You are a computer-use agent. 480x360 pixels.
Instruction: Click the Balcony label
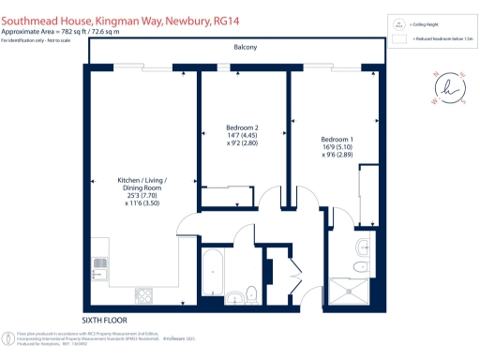coord(245,47)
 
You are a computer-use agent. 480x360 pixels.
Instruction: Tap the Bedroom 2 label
coord(243,127)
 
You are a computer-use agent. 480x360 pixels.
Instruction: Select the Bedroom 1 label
coord(338,140)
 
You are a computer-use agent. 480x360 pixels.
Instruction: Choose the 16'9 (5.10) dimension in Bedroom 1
coord(338,148)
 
